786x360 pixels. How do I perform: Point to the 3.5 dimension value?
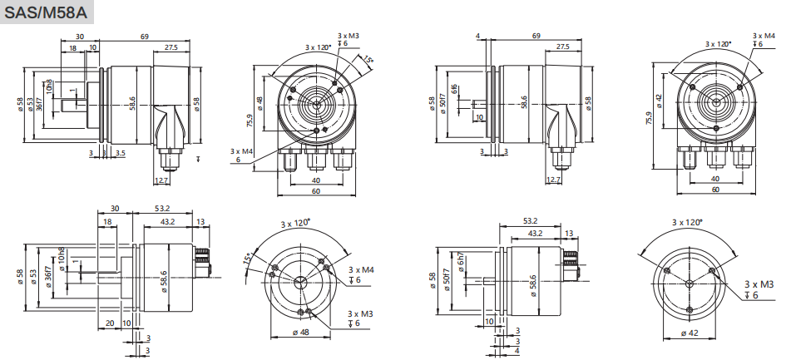(x=121, y=153)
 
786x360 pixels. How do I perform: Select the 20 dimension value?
(x=110, y=323)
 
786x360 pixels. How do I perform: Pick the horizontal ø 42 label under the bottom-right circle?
(x=689, y=333)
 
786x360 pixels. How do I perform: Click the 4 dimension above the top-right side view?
(x=480, y=36)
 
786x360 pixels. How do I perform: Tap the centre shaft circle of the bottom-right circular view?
(x=689, y=284)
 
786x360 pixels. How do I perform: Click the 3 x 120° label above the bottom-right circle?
(x=687, y=222)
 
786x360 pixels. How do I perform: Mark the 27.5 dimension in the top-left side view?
(x=171, y=47)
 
